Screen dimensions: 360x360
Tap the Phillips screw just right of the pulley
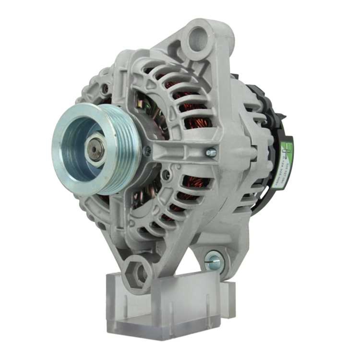pos(147,151)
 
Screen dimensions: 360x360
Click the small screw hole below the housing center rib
pos(166,175)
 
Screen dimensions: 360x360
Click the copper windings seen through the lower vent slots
pos(187,194)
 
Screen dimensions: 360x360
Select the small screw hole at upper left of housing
pos(105,87)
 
